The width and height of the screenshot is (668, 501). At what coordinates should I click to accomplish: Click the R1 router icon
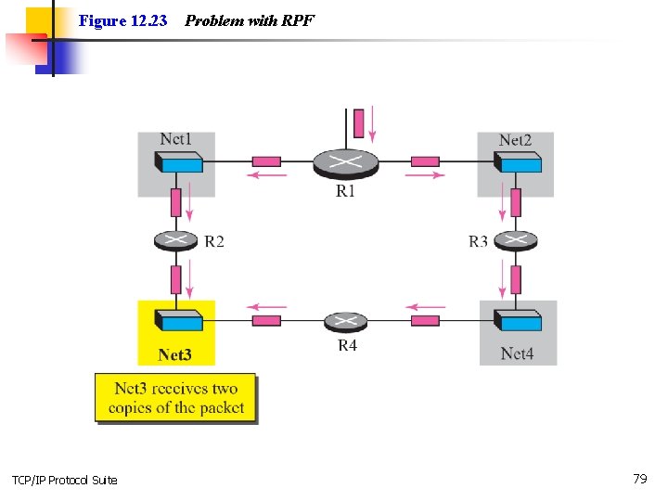click(x=345, y=163)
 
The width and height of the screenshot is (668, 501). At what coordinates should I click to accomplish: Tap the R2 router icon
click(x=176, y=240)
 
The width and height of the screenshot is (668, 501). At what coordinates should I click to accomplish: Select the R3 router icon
click(x=517, y=240)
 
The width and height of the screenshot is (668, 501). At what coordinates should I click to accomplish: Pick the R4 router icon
click(x=345, y=322)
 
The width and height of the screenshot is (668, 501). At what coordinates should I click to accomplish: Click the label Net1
click(x=176, y=139)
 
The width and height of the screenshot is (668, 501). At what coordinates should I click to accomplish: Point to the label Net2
click(x=515, y=140)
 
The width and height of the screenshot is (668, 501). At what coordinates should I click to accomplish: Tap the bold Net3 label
click(x=175, y=354)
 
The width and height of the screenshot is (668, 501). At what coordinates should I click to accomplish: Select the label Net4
click(x=517, y=353)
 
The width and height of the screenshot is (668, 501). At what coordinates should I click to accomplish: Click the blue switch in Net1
click(x=179, y=164)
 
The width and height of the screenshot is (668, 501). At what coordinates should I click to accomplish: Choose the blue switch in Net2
click(x=519, y=164)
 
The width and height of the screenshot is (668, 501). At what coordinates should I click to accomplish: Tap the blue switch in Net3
click(x=179, y=321)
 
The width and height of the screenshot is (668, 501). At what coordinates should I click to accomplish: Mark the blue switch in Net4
click(x=519, y=321)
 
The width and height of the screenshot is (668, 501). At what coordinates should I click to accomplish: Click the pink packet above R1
click(x=358, y=122)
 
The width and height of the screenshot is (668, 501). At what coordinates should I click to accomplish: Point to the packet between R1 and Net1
click(x=266, y=161)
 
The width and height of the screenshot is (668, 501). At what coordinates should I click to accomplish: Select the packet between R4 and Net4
click(x=425, y=321)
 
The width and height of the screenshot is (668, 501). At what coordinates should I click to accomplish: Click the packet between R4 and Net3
click(x=266, y=321)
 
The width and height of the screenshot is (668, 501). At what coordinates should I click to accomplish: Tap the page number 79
click(x=639, y=479)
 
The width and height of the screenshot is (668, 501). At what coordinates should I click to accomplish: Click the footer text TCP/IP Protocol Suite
click(x=65, y=480)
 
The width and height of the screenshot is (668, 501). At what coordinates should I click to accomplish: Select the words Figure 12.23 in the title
click(x=123, y=19)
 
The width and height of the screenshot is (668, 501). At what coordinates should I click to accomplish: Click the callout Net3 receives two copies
click(x=175, y=398)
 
